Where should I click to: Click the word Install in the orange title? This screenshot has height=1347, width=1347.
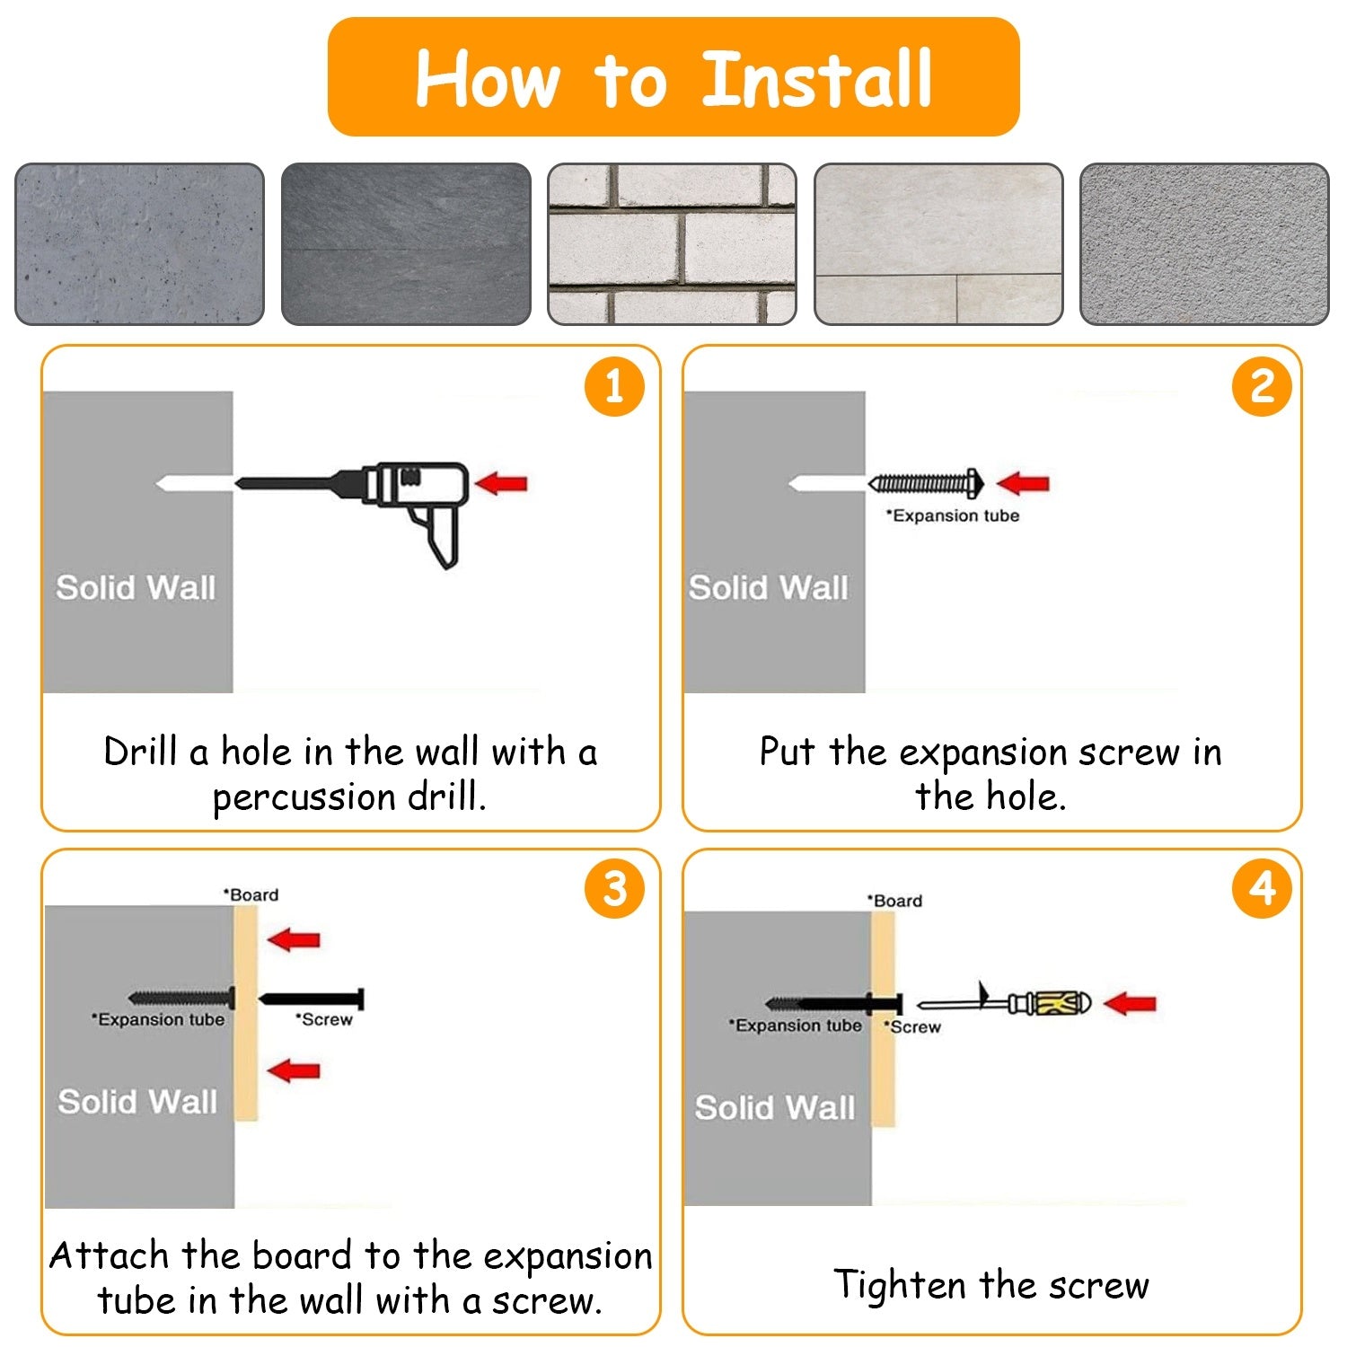pos(816,78)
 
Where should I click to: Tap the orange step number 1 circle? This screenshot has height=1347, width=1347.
pos(614,387)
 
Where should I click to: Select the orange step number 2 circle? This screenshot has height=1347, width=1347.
pos(1263,387)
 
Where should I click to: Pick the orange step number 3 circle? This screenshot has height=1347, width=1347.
pos(614,889)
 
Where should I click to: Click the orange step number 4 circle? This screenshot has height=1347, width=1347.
pos(1263,889)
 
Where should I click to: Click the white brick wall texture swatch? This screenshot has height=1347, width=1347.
pos(672,243)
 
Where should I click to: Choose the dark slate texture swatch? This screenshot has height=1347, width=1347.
pos(406,243)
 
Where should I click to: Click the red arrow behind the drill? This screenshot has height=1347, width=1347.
pos(501,483)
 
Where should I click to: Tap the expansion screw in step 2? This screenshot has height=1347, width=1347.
pos(926,484)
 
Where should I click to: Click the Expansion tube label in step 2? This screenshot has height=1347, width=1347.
pos(953,515)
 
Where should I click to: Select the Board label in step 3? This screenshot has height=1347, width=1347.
pos(251,895)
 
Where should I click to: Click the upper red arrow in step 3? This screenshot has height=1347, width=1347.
pos(294,940)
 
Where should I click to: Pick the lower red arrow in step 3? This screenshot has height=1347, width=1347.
pos(294,1070)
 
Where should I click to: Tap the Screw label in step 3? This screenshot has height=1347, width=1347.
pos(324,1019)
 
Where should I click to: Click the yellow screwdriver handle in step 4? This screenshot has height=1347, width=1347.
pos(1060,1003)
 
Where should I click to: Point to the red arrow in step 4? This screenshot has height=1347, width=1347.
pos(1130,1003)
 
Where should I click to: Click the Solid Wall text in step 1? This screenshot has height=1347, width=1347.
pos(136,588)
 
